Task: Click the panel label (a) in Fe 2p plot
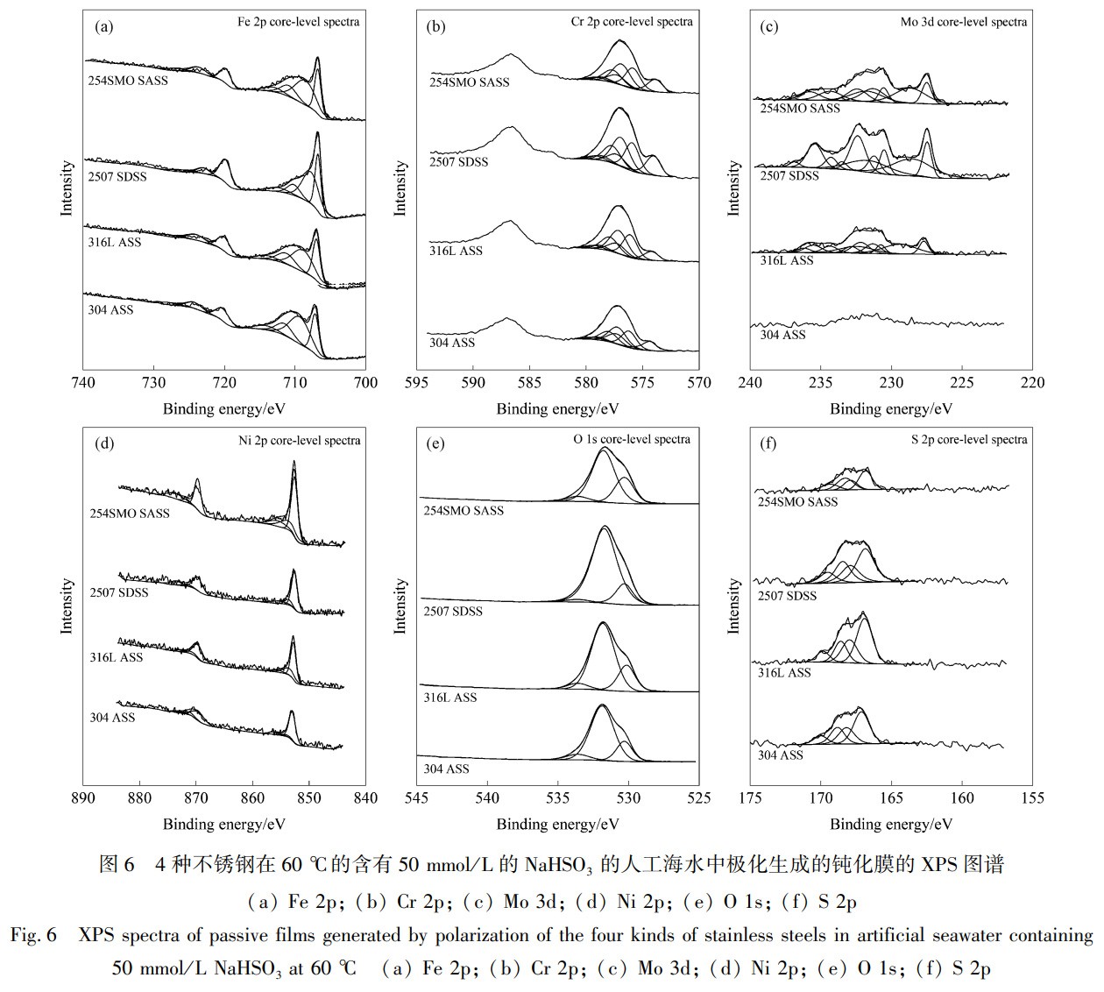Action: (x=104, y=26)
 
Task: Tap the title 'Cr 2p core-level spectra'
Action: (x=631, y=22)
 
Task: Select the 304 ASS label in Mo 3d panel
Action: (x=782, y=335)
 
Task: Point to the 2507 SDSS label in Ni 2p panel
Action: (x=118, y=592)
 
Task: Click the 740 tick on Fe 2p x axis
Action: (x=83, y=383)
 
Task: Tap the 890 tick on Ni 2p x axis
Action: (x=83, y=798)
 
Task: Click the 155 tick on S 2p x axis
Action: (x=1033, y=798)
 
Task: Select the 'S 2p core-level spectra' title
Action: (x=968, y=439)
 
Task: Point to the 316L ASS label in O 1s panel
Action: (x=450, y=698)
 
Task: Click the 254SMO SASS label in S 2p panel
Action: (x=797, y=502)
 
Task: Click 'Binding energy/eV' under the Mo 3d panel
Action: (x=891, y=409)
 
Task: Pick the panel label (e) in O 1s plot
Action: (x=435, y=443)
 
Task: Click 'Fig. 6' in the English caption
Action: (x=33, y=936)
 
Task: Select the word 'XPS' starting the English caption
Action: (x=97, y=936)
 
